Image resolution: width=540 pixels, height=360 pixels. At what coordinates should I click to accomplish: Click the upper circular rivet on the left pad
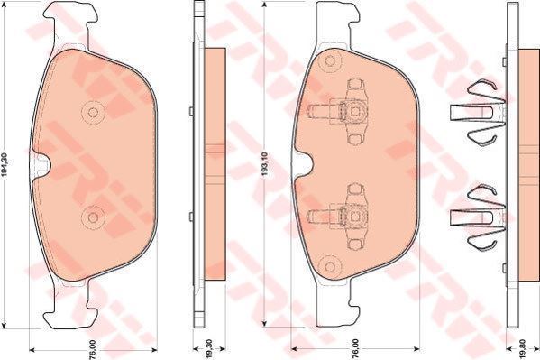(93, 112)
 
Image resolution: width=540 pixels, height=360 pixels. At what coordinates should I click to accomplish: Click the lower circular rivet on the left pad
(93, 217)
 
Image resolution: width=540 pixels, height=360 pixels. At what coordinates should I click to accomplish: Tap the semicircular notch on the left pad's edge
(42, 165)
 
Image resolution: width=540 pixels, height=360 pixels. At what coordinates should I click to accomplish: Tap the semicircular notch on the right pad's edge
(303, 164)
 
